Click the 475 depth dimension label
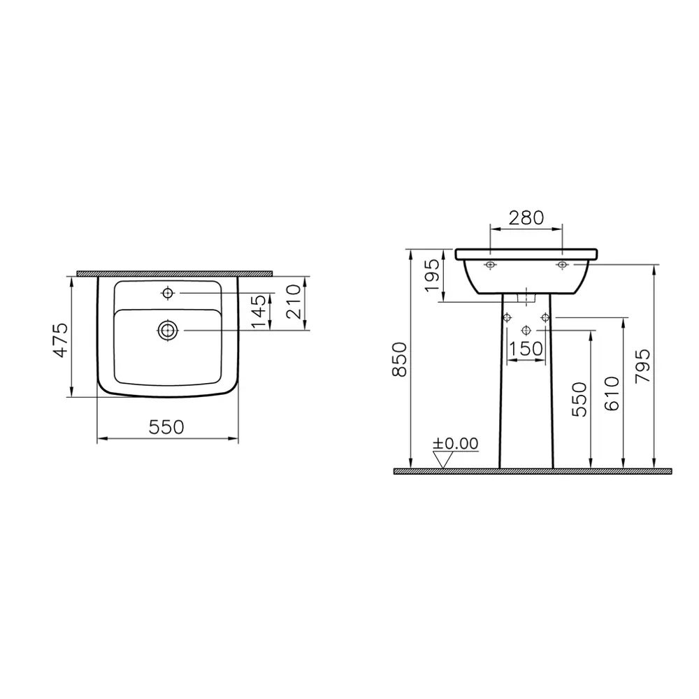tap(62, 340)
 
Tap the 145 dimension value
tap(259, 312)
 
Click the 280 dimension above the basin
tap(526, 217)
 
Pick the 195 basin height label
tap(432, 275)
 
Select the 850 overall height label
tap(398, 360)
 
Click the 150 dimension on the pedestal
tap(526, 348)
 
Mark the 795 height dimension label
tap(642, 366)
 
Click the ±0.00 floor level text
tap(455, 443)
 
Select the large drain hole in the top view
tap(167, 330)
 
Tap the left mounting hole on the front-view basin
tap(490, 265)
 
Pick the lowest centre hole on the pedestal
tap(526, 329)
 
